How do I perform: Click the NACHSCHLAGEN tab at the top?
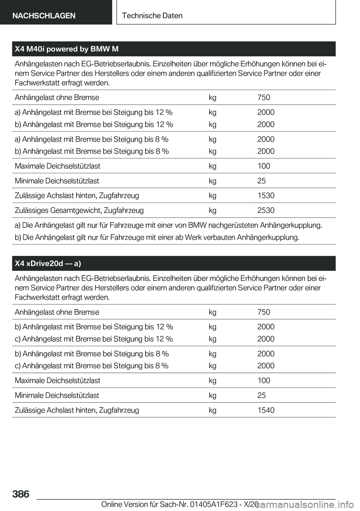coord(44,15)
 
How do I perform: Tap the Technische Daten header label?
coord(152,15)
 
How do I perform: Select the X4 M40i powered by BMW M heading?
coord(67,49)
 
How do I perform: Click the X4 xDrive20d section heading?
coord(48,264)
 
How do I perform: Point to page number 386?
coord(21,494)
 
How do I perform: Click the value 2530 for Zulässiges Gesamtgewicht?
coord(265,210)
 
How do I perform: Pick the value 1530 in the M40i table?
coord(265,195)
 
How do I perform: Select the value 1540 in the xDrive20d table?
coord(265,410)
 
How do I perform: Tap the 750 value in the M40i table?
coord(264,98)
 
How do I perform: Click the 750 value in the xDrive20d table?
coord(264,312)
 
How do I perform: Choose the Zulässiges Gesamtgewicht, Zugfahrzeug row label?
coord(79,210)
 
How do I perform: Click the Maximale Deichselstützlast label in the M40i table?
coord(57,166)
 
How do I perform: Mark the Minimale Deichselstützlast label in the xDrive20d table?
coord(57,395)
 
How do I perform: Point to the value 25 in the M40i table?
coord(261,181)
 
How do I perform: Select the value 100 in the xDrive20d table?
coord(264,380)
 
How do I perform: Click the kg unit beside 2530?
coord(213,210)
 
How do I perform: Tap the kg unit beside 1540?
coord(213,410)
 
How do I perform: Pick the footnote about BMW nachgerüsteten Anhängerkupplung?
coord(168,225)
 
